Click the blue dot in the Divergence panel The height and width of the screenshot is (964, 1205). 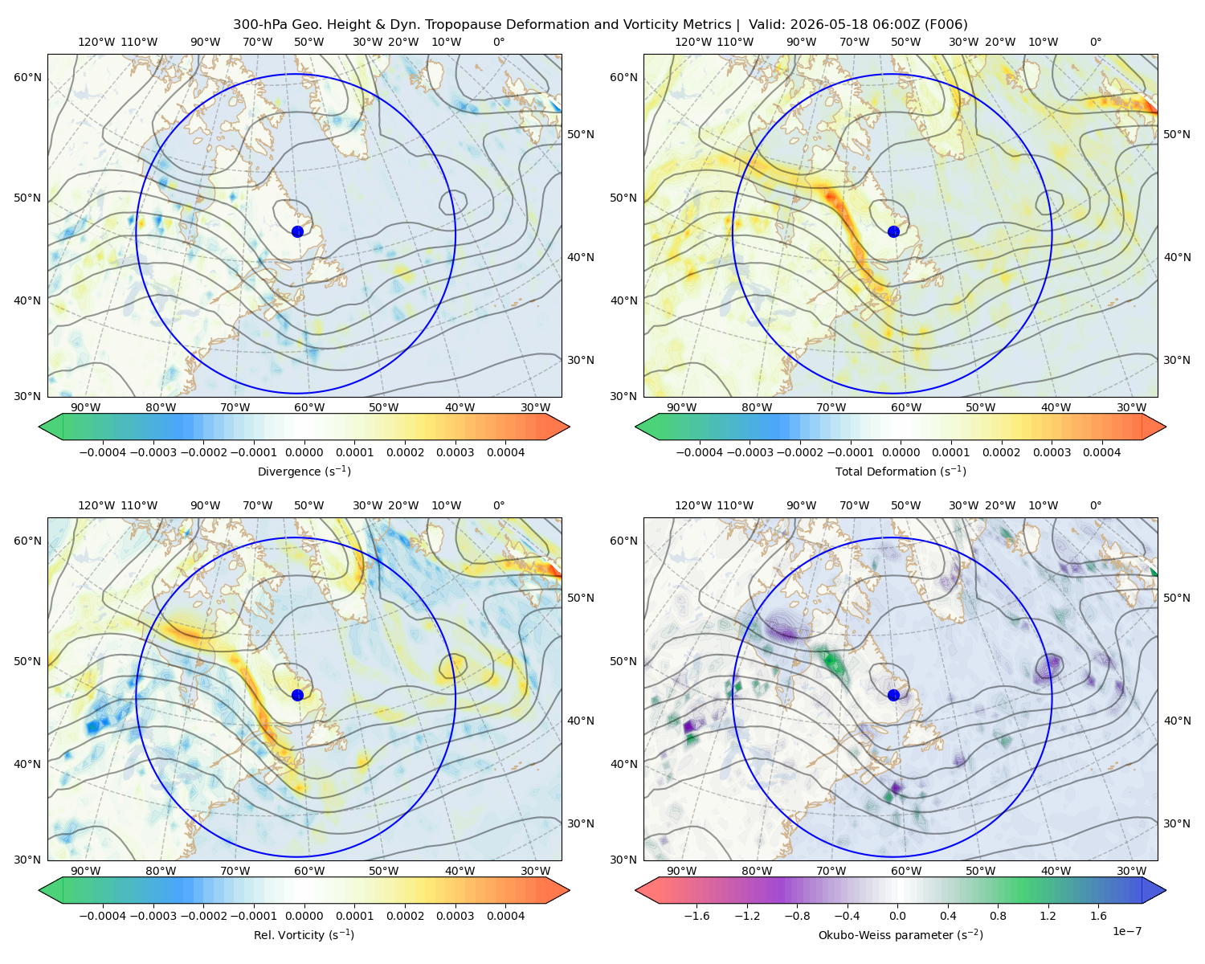pos(297,231)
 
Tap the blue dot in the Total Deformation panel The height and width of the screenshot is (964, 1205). pos(893,231)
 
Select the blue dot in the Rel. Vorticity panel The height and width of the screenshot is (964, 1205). pos(297,695)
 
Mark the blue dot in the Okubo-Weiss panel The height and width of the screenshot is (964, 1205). pos(893,695)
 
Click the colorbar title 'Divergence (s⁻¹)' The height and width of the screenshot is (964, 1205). pos(304,471)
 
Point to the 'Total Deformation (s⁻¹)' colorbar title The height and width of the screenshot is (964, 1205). pos(901,471)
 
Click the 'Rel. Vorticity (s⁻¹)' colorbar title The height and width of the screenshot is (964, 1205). pos(304,934)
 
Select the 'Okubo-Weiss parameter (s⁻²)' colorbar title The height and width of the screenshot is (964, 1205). pos(901,934)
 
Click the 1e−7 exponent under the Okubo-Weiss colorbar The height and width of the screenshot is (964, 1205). pos(1126,931)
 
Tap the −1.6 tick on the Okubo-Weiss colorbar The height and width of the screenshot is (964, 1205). pos(696,915)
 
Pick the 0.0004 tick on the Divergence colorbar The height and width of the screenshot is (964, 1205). pos(505,452)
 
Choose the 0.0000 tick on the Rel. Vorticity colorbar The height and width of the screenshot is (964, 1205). pos(304,915)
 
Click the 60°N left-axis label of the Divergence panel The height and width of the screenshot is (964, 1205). pos(27,77)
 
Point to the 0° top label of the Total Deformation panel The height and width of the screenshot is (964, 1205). pos(1095,42)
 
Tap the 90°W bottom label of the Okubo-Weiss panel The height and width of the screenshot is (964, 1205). pos(681,871)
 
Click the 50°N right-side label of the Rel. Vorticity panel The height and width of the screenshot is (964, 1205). pos(581,597)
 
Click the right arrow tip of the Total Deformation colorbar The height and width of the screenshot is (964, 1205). pos(1166,427)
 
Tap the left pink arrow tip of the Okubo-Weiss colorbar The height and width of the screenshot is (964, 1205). pos(635,890)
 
